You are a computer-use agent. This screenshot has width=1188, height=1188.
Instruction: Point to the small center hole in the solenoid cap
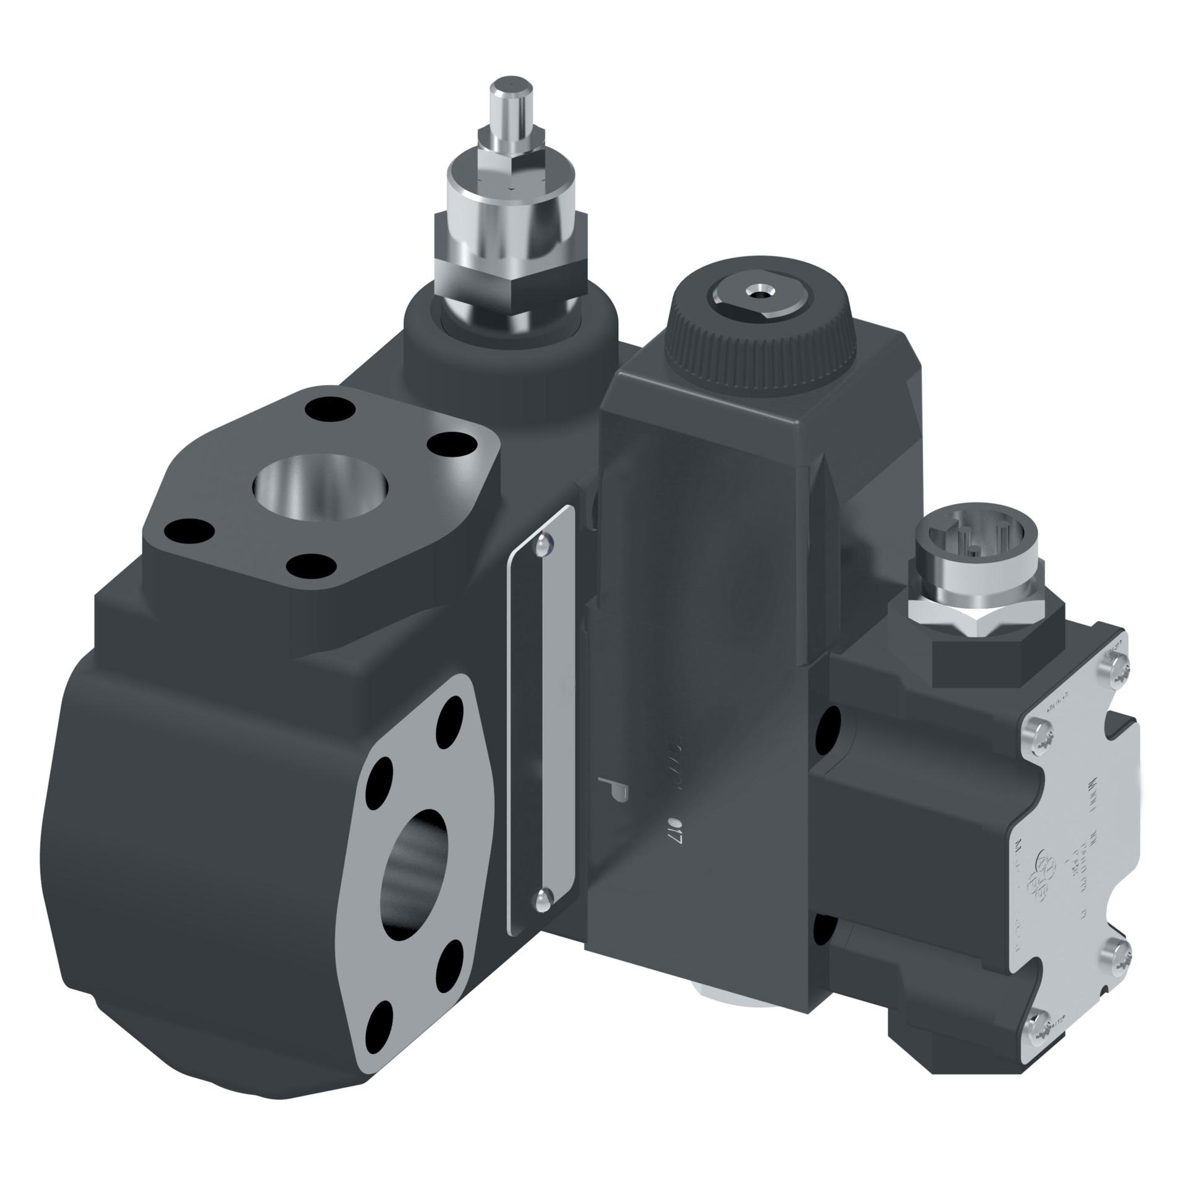tap(755, 290)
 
